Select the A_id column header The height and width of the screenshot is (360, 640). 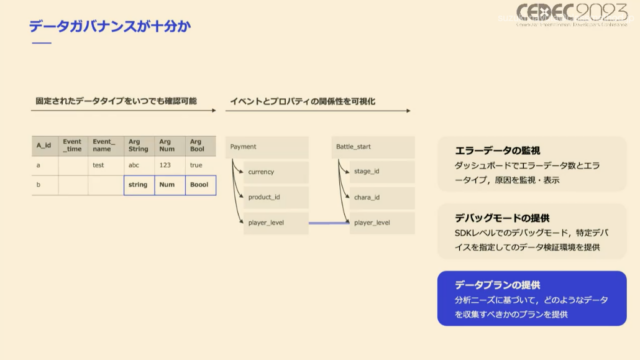click(x=45, y=147)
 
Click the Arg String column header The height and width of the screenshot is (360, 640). click(x=138, y=147)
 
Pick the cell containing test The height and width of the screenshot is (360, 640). click(x=99, y=165)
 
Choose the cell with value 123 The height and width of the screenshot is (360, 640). click(x=167, y=165)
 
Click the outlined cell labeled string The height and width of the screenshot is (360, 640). click(x=138, y=185)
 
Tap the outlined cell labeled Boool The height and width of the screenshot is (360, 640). click(x=200, y=185)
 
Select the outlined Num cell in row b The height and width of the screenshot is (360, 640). click(x=169, y=185)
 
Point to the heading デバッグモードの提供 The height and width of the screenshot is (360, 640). click(x=503, y=216)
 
